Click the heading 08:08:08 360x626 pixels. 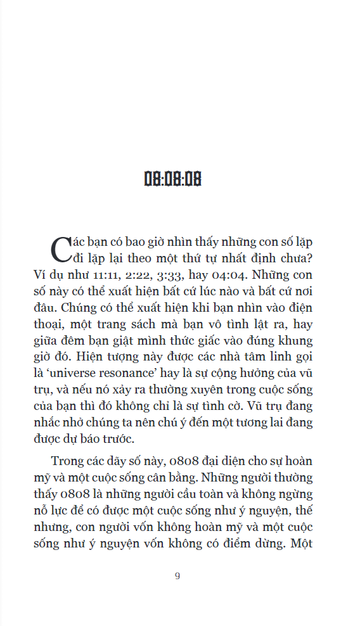click(x=172, y=179)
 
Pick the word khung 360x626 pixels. click(x=296, y=340)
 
